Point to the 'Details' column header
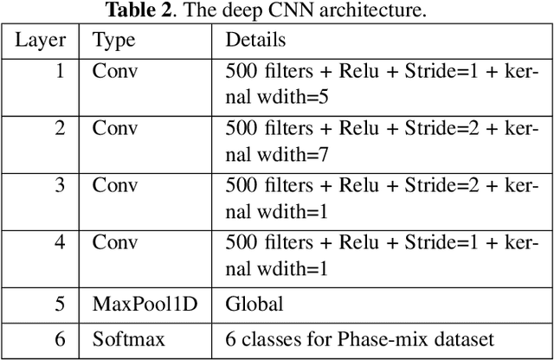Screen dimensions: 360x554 click(255, 41)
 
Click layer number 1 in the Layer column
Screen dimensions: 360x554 click(59, 71)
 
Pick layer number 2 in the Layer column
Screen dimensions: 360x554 click(59, 128)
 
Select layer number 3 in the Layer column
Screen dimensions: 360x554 click(59, 184)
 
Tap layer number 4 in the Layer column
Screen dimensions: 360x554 click(59, 241)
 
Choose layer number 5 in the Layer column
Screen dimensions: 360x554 click(59, 304)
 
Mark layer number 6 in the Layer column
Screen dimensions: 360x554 click(59, 338)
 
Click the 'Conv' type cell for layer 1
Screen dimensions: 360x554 click(115, 71)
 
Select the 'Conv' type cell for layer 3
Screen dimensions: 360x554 click(115, 184)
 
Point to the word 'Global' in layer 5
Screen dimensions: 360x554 click(254, 304)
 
